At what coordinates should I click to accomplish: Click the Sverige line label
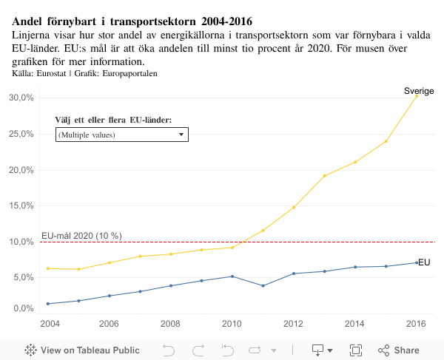tap(418, 91)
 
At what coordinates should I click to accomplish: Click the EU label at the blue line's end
tap(424, 262)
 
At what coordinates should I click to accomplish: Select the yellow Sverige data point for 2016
tap(417, 95)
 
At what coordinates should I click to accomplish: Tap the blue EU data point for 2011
tap(263, 285)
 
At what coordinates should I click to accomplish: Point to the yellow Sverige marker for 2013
tap(324, 176)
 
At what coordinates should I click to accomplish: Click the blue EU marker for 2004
tap(48, 304)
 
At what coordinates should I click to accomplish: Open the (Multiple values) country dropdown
tap(122, 135)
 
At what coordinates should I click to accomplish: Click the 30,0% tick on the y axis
tap(21, 98)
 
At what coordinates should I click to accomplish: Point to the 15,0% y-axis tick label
tap(21, 206)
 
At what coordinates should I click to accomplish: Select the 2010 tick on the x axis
tap(232, 324)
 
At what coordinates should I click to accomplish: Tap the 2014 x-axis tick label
tap(354, 324)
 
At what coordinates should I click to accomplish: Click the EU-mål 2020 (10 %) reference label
tap(81, 236)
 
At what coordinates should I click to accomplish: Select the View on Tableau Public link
tap(83, 350)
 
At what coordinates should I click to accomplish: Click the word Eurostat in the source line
tap(50, 74)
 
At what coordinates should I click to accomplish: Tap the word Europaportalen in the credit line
tap(129, 74)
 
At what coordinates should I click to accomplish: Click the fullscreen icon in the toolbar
tap(354, 350)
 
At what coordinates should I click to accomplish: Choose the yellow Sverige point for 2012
tap(294, 207)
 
